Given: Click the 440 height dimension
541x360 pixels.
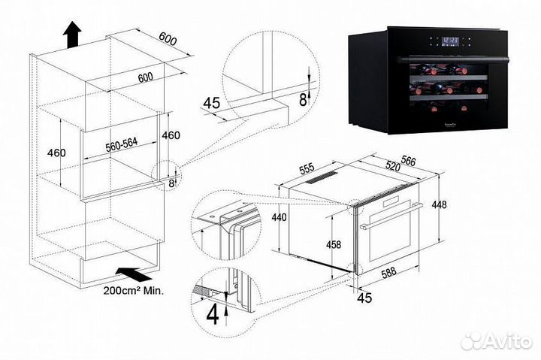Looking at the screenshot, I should pyautogui.click(x=279, y=218).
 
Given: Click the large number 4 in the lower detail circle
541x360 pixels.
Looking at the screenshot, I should pyautogui.click(x=213, y=314).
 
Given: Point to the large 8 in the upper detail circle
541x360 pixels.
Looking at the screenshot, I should pyautogui.click(x=303, y=98).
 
